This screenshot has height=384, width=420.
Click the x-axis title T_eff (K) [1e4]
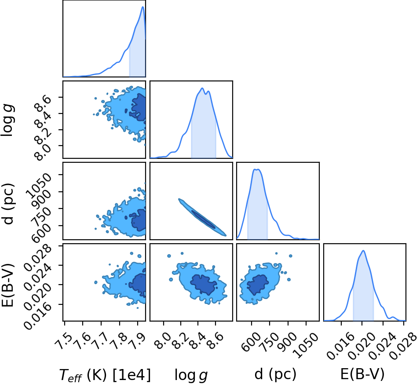[x=105, y=374]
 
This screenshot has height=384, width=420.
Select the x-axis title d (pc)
[x=275, y=373]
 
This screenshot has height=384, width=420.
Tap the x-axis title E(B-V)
[x=362, y=373]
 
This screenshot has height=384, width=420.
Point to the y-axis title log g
[x=7, y=121]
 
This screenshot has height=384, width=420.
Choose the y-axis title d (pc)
[x=7, y=204]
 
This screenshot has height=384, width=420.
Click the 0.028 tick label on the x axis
[x=402, y=346]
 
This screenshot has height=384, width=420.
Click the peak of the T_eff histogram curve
[x=143, y=7]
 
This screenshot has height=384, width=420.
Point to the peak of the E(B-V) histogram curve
[x=363, y=251]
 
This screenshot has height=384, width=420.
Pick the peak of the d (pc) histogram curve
[x=256, y=169]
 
